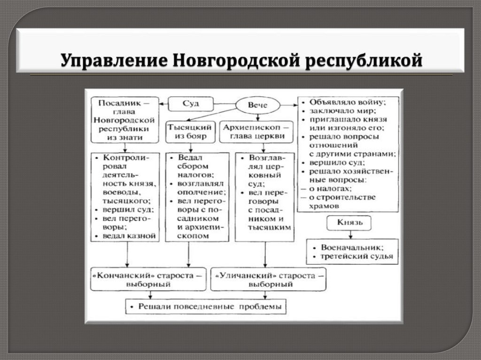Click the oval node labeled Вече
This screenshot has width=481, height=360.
pyautogui.click(x=258, y=105)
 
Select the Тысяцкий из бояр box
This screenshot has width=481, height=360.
pyautogui.click(x=190, y=132)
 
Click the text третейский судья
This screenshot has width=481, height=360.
pyautogui.click(x=356, y=257)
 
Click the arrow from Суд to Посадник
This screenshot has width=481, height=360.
pyautogui.click(x=163, y=103)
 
